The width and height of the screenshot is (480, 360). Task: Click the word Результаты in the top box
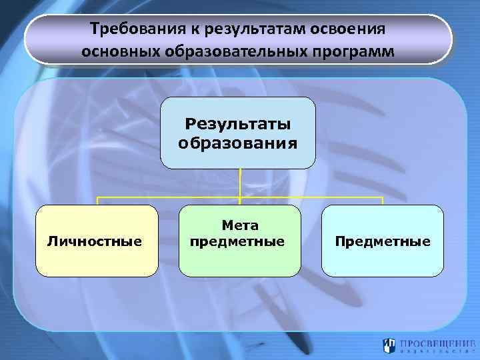[238, 124]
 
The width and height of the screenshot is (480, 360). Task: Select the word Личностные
[95, 241]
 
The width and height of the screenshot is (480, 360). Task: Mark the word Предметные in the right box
[383, 241]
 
